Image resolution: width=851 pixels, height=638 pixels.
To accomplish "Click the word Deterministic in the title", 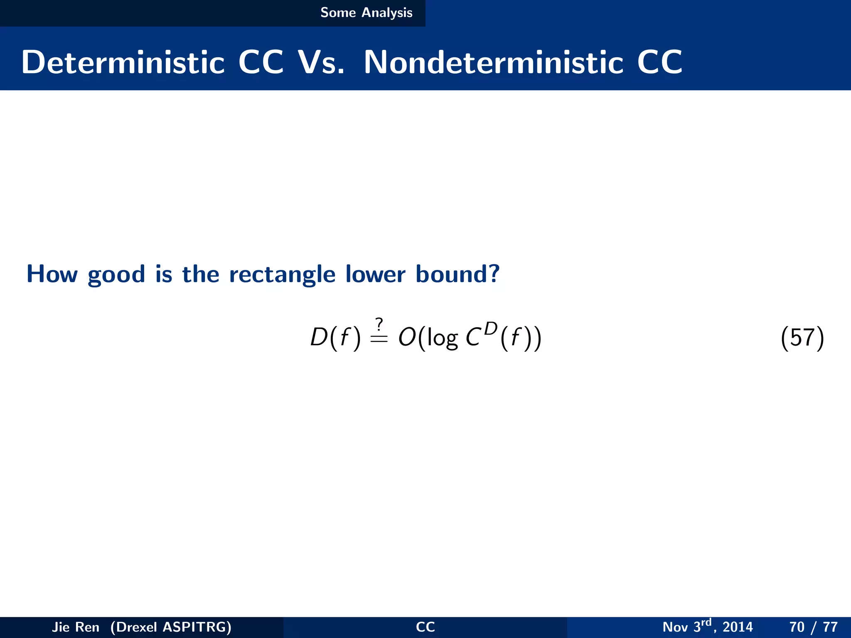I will point(123,62).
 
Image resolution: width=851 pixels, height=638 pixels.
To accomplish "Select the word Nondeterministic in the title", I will point(493,62).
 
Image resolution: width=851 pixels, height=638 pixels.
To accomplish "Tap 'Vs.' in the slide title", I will point(321,62).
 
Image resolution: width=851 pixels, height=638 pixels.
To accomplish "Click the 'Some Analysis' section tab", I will point(366,13).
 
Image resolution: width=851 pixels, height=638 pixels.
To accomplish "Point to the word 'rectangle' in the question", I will point(282,275).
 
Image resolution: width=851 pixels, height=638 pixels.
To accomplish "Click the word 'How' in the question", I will point(52,275).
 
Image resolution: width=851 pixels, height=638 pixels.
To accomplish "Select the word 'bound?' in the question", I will point(457,275).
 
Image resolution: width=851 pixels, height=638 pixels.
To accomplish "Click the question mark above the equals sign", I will point(379,324).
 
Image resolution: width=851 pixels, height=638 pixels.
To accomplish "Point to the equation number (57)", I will point(802,337).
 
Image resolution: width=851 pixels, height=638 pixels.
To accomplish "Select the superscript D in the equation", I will point(490,329).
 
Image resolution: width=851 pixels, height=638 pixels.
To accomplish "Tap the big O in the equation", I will point(407,337).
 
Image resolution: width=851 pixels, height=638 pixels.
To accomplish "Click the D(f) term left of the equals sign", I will point(335,337).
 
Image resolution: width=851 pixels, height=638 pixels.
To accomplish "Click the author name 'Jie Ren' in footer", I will point(75,627).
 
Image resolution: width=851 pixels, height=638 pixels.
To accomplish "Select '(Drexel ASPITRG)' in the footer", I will point(171,627).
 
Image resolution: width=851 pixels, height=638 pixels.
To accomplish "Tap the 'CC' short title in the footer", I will point(425,627).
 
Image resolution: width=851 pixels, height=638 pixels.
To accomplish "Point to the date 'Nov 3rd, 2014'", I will point(707,626).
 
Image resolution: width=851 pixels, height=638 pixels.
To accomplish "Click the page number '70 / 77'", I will point(813,627).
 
